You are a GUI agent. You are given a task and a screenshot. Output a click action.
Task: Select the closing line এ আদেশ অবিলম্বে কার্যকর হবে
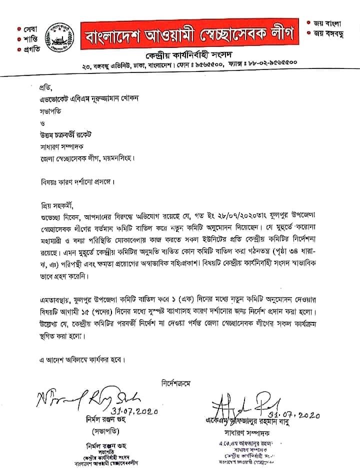80,359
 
